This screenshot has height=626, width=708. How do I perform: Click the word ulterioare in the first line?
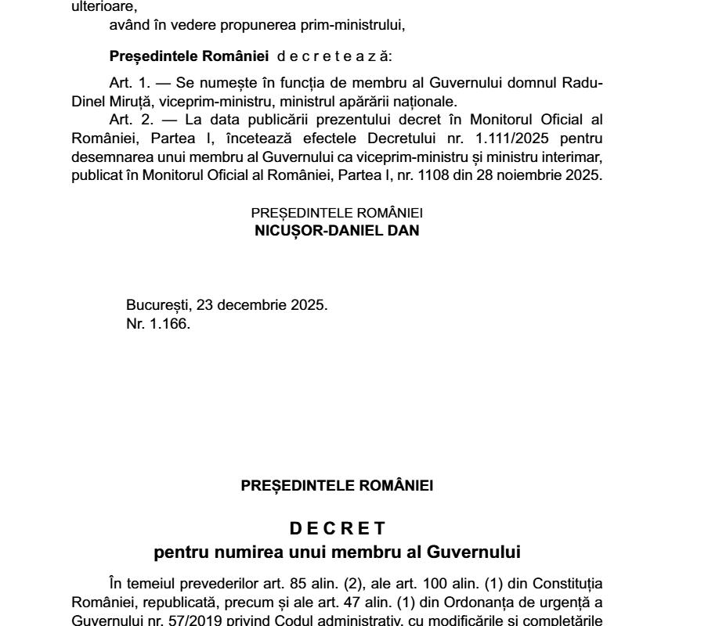(x=92, y=7)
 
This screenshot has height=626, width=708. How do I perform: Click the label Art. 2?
(x=128, y=120)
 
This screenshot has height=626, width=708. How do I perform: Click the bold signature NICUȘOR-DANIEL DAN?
(x=338, y=232)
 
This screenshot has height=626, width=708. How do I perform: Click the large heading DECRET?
(x=337, y=529)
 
